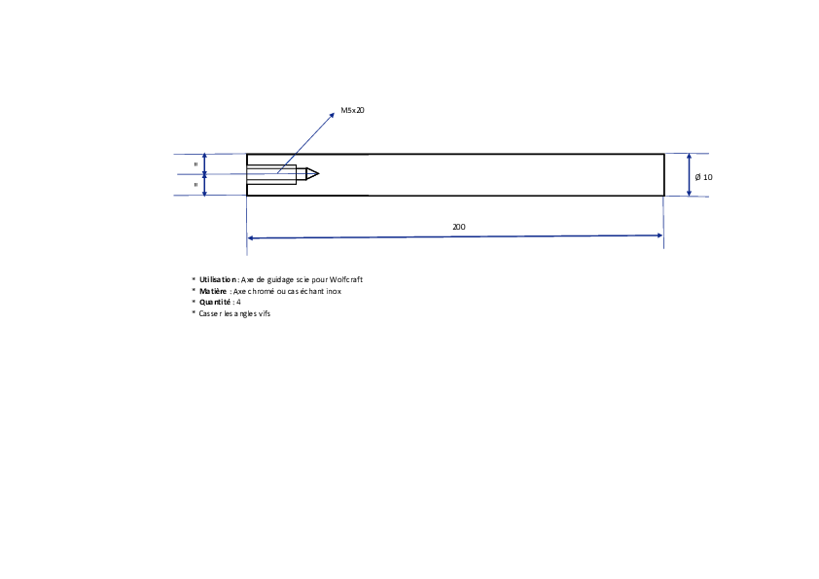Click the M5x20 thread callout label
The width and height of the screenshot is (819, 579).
pos(352,110)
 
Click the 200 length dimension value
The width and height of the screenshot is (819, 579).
pos(458,227)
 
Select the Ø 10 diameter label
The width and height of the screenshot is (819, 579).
pos(703,177)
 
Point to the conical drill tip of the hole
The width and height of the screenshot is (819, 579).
pos(312,174)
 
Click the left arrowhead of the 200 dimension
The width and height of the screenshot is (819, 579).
pos(250,237)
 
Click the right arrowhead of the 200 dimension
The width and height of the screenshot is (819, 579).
pos(659,235)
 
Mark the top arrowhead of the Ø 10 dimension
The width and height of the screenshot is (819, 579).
pos(689,157)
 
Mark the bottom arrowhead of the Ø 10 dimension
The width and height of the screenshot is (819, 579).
pos(689,193)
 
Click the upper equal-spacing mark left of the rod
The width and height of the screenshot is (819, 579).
pos(196,164)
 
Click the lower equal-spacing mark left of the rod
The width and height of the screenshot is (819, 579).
pos(196,185)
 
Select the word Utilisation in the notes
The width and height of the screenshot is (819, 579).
pos(218,279)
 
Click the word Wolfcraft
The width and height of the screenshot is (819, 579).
pos(345,279)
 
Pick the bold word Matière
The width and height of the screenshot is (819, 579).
pos(213,291)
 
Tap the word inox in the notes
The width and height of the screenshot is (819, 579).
pos(334,291)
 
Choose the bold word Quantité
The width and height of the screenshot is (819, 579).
pos(215,302)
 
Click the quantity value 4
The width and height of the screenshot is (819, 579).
pos(238,302)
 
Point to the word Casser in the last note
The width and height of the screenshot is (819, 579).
pos(210,313)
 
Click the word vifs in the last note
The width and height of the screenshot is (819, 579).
pos(265,313)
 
